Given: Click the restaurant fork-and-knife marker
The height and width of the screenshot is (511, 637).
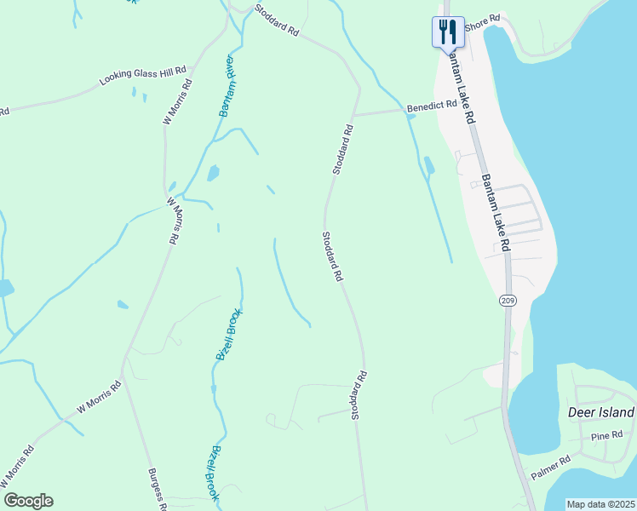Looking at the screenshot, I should (448, 33).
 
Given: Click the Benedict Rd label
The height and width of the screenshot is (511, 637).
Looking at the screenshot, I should (432, 107).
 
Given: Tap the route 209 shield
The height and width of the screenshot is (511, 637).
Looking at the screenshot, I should (508, 300).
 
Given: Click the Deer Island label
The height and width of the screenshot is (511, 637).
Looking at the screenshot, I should (600, 412).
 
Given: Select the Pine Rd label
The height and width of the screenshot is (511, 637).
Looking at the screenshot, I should (607, 436).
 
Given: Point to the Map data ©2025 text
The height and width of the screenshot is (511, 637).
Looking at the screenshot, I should (600, 504).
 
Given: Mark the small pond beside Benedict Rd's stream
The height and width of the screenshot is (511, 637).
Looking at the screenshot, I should (428, 164).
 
